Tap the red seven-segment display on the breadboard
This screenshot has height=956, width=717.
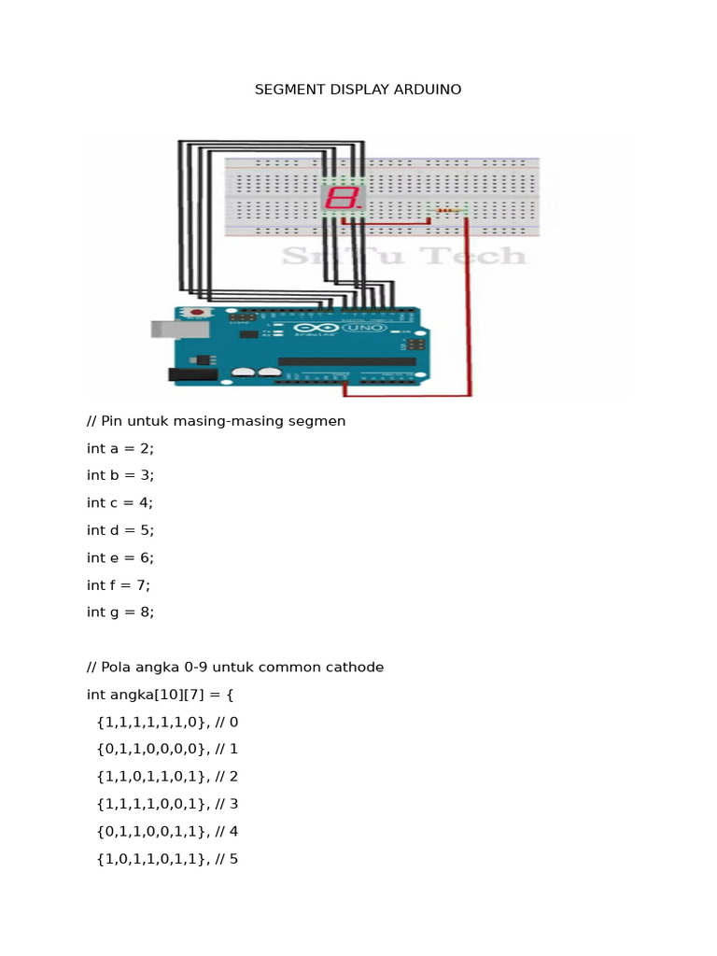pos(342,198)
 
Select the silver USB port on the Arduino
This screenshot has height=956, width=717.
pos(170,329)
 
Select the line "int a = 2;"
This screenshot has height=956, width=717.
pos(120,448)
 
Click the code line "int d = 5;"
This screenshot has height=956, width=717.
pos(120,530)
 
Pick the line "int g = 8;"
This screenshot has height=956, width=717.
pos(120,612)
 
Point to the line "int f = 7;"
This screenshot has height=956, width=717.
pos(119,585)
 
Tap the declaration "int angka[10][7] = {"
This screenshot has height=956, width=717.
pos(160,695)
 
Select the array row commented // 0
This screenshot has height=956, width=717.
pos(167,722)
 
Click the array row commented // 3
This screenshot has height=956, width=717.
pos(167,804)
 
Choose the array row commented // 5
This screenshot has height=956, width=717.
pos(167,859)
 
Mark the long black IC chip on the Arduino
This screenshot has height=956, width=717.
pos(347,361)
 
